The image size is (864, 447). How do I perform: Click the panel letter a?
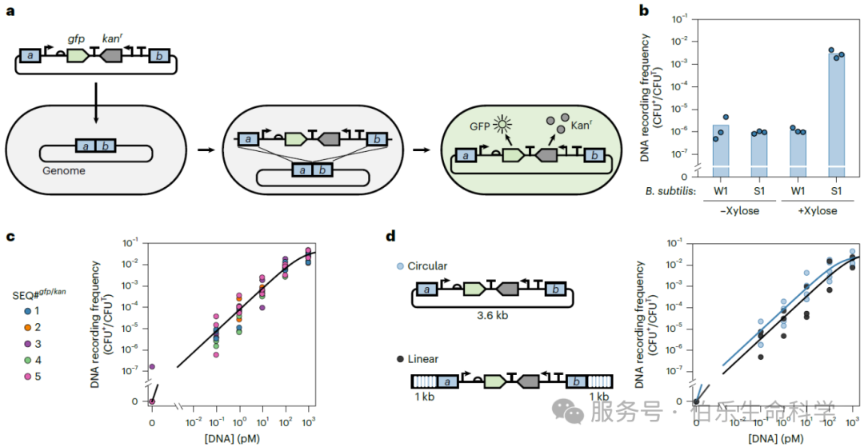tap(10, 15)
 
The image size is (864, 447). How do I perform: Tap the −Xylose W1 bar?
tap(721, 147)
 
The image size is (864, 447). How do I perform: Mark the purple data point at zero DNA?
tap(152, 367)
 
